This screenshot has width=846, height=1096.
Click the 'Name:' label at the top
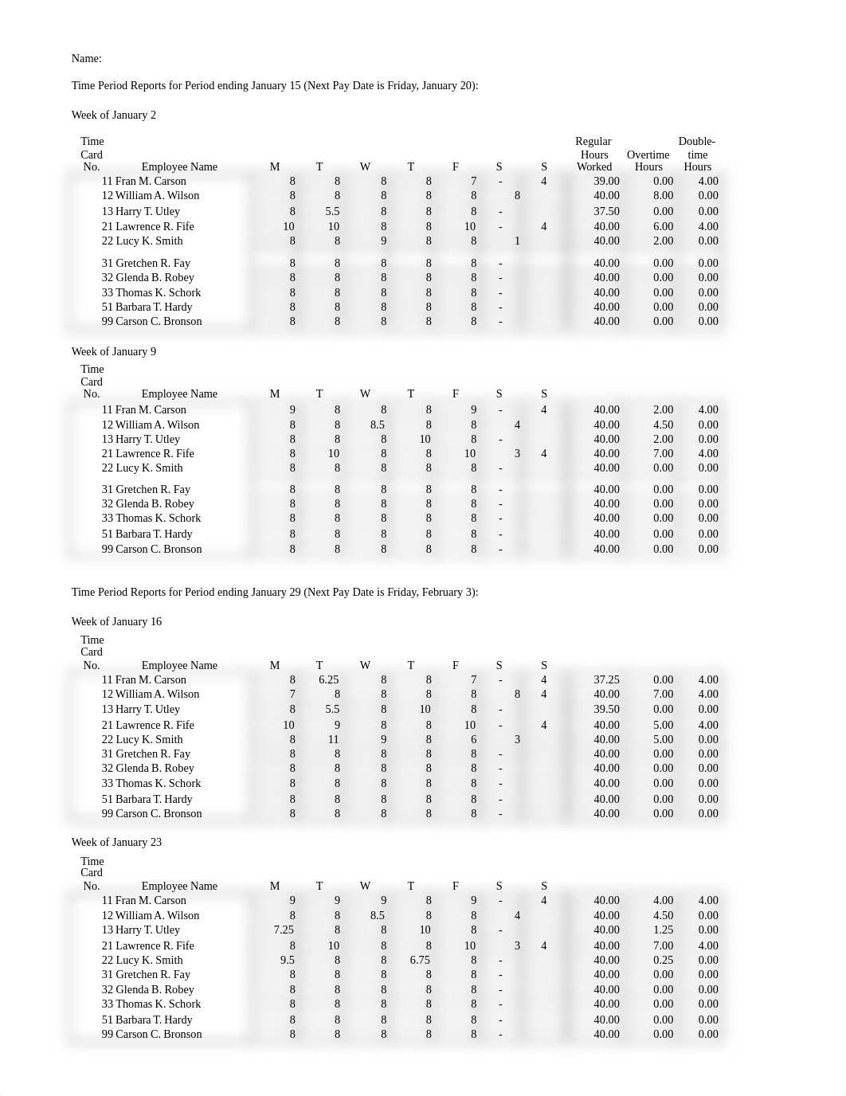pos(86,58)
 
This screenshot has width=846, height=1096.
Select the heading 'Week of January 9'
pos(114,351)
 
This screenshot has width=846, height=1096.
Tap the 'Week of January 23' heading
pos(116,842)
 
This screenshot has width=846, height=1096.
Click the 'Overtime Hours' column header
pos(648,161)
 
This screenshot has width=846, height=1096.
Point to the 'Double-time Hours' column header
pos(697,154)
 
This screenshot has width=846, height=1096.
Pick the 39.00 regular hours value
pos(606,181)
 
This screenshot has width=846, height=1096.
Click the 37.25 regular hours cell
pos(606,679)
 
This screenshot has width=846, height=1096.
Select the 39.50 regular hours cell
pos(606,709)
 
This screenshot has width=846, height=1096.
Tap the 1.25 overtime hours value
pos(663,930)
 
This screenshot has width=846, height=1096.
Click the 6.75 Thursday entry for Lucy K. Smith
pos(420,960)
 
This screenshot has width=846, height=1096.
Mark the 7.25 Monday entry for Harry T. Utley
pos(284,930)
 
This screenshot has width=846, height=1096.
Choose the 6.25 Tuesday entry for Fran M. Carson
pos(328,679)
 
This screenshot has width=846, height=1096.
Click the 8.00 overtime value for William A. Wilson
pos(663,195)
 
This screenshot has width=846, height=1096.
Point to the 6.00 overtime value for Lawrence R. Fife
pos(663,226)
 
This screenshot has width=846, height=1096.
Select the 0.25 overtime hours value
pos(663,960)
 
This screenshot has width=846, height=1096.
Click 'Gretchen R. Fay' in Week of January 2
pos(153,263)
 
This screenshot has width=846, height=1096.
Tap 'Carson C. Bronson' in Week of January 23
pos(159,1034)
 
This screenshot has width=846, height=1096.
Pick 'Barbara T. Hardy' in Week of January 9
pos(154,534)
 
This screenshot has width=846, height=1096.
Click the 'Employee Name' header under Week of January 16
pos(179,665)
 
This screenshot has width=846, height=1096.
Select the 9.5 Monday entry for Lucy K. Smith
pos(288,960)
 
